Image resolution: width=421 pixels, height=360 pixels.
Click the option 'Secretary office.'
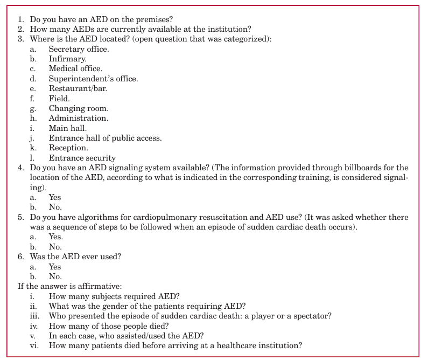(79, 49)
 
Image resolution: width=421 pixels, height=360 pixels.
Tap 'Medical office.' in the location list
(75, 68)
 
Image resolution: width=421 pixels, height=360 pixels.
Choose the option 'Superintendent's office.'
(93, 79)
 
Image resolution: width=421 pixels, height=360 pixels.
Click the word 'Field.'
(59, 99)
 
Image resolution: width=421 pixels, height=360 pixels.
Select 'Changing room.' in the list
(79, 108)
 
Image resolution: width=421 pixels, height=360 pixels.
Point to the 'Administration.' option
(78, 118)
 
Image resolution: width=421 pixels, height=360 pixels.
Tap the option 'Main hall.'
(68, 128)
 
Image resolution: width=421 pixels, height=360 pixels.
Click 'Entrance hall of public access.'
(105, 138)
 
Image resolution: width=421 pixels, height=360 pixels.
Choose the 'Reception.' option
(68, 148)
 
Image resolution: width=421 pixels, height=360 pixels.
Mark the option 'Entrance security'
(82, 158)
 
